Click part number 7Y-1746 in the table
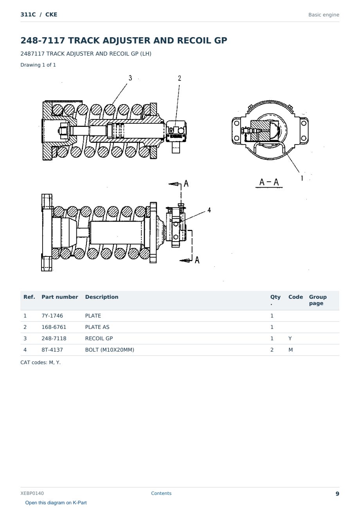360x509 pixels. pos(52,316)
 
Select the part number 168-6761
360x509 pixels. pos(54,327)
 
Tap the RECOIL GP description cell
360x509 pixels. pos(99,338)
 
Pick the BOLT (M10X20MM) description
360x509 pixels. pos(110,350)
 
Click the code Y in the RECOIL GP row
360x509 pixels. pos(290,338)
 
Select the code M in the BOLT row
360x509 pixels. pos(290,350)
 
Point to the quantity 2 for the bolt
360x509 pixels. pos(272,350)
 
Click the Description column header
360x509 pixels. pos(101,297)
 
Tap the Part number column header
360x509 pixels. pos(60,297)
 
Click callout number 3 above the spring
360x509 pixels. pos(130,78)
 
